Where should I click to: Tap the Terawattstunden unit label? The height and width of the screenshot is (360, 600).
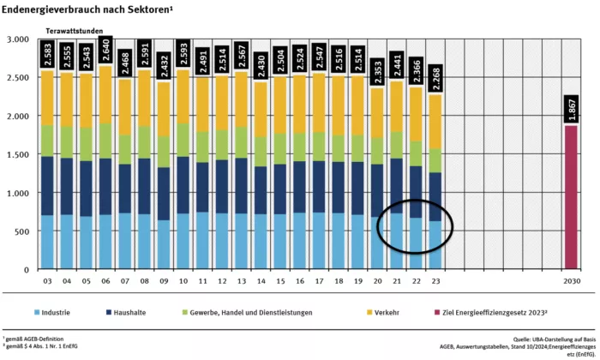[x=76, y=31]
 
